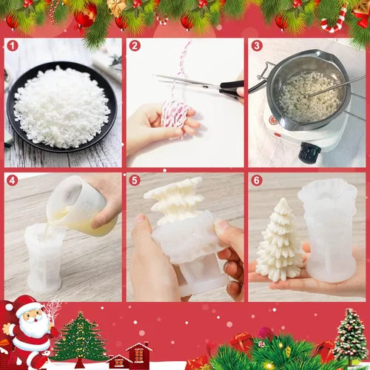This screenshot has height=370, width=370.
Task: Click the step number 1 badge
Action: (13, 46)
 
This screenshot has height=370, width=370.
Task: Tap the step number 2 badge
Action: (135, 46)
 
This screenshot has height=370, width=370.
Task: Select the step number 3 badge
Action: (257, 46)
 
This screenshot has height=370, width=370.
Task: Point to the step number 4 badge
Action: (13, 181)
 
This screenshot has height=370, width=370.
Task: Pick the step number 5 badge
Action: (135, 181)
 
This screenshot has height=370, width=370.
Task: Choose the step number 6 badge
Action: (257, 181)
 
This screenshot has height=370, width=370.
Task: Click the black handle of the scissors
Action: (231, 90)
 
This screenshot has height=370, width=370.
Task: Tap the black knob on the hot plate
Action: (309, 150)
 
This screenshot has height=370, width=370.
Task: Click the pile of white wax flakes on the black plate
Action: (61, 107)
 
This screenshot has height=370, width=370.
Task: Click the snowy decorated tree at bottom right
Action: (351, 334)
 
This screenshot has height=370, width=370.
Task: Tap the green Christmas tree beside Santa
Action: (79, 338)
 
